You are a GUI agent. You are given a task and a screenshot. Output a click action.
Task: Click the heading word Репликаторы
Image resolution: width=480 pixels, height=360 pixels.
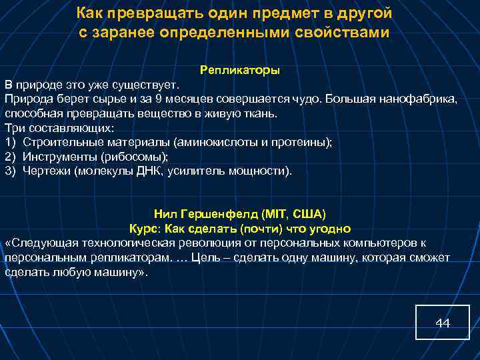tap(240, 70)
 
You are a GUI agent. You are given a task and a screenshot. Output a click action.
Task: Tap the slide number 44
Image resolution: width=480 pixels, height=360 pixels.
tap(443, 323)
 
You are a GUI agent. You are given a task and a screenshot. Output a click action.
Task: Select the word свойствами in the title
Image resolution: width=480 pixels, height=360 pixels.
tap(343, 33)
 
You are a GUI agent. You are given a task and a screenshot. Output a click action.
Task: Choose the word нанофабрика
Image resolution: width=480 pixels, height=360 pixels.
tap(419, 99)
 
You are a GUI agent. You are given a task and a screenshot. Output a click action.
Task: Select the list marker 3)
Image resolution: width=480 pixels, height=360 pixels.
tap(10, 171)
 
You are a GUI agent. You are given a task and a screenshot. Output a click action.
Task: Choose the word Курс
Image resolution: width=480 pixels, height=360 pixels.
tap(143, 228)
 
